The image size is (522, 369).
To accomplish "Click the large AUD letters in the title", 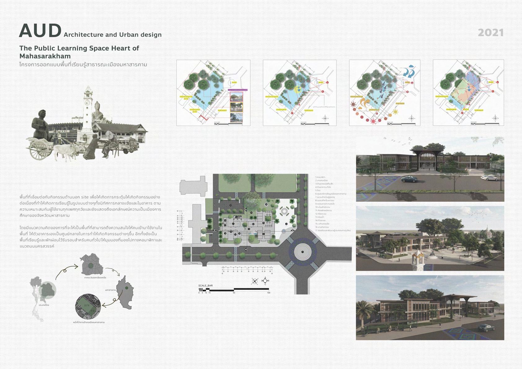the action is (x=40, y=31).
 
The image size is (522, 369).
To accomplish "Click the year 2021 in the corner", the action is (x=490, y=33).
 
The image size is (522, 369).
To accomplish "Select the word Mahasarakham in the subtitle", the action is (x=45, y=56).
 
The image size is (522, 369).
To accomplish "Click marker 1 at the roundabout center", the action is (x=303, y=252).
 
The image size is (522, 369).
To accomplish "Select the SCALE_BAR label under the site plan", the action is (x=206, y=286).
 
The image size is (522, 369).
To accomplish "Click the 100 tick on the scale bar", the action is (x=268, y=292).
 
